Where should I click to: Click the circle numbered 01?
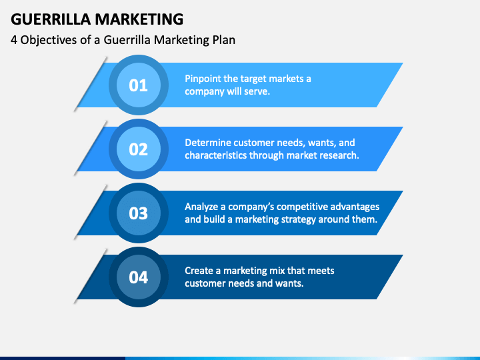[x=138, y=85]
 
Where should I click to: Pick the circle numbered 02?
[x=138, y=149]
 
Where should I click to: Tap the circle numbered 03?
[x=138, y=213]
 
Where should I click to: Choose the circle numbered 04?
[x=138, y=277]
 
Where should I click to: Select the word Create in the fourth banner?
[x=199, y=271]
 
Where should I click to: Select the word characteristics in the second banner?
[x=215, y=155]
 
